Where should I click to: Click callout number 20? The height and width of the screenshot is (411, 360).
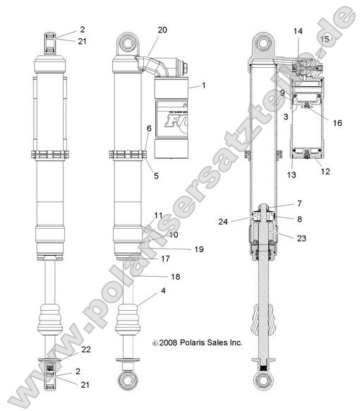click(162, 30)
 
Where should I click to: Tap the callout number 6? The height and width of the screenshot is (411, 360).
click(149, 129)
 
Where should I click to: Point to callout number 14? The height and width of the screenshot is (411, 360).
click(297, 32)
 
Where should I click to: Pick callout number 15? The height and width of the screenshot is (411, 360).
click(325, 39)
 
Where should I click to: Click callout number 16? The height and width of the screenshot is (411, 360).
click(337, 122)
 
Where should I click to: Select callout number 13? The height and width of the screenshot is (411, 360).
click(292, 174)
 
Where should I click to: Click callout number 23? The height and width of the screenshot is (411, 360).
click(301, 238)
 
